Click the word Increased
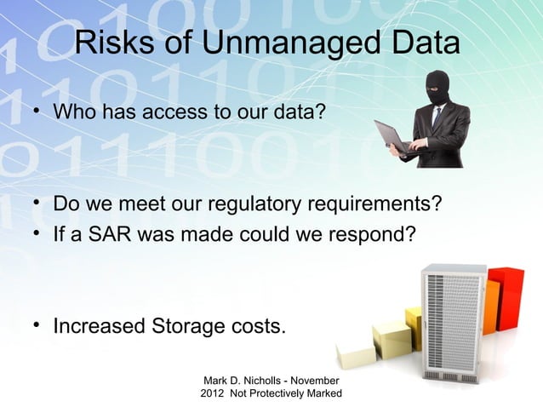point(99,326)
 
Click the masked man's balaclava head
point(437,88)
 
